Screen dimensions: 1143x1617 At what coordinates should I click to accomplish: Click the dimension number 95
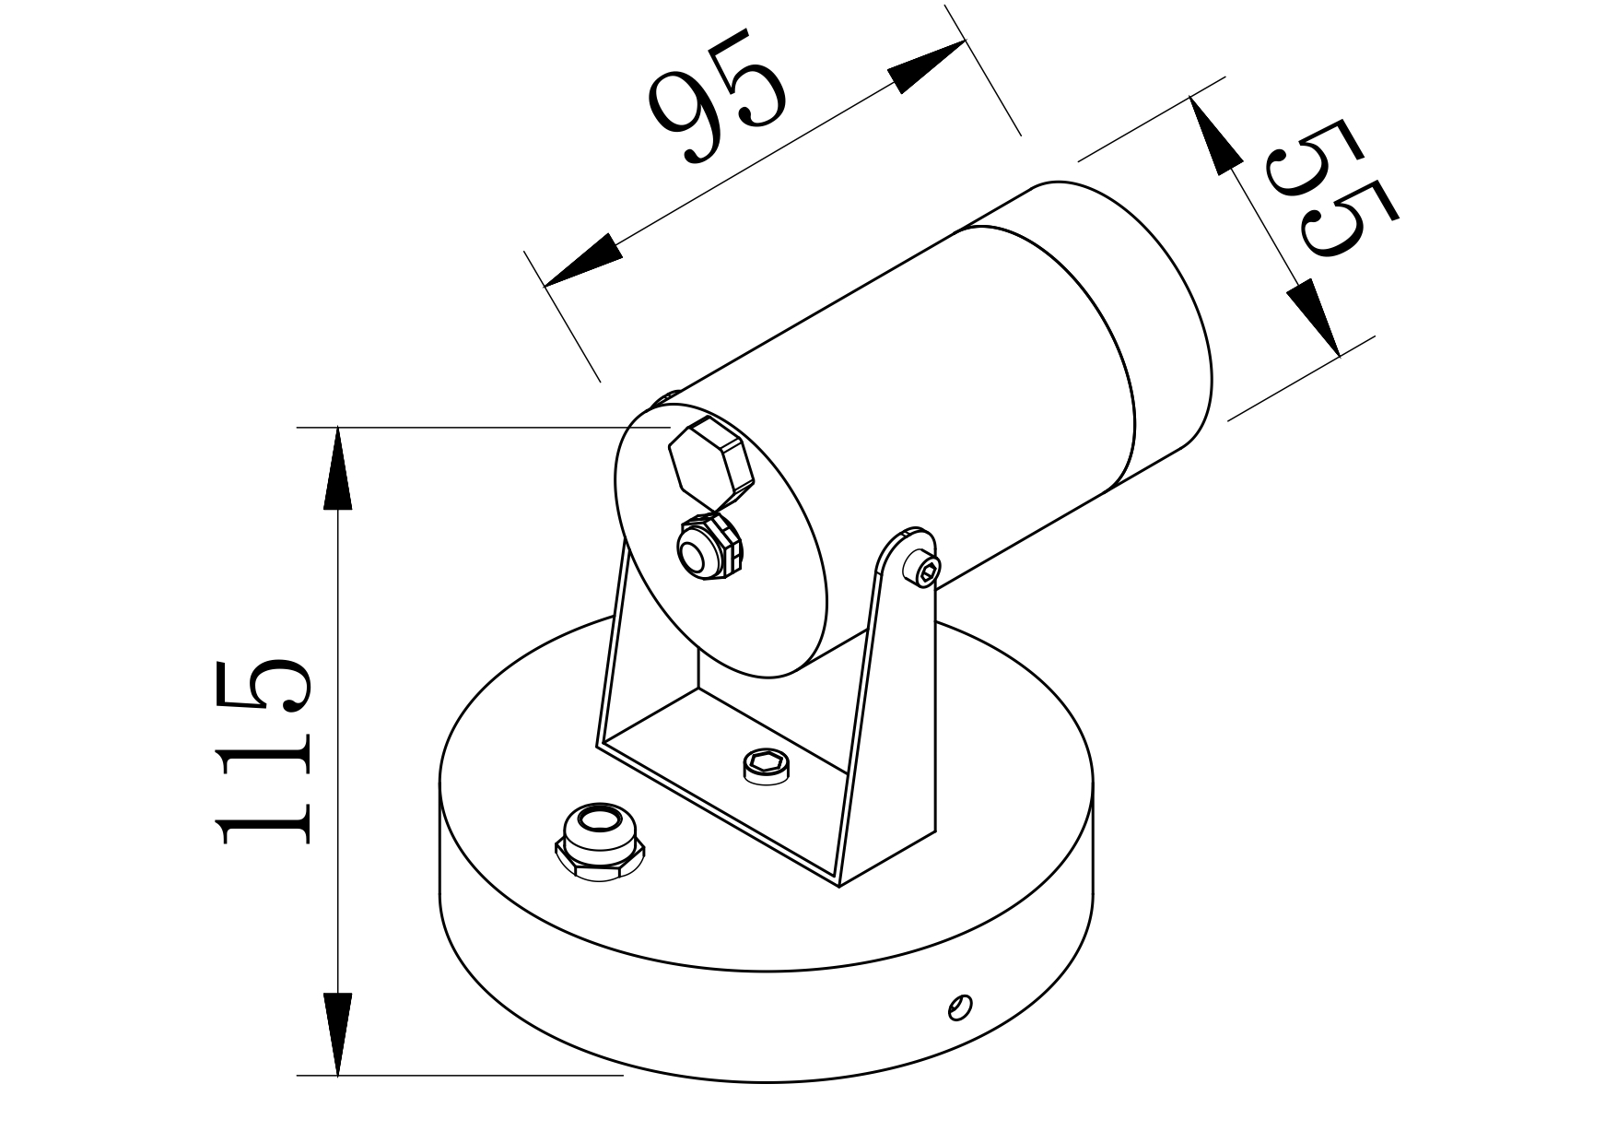717,97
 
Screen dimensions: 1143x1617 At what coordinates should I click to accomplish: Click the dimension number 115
263,751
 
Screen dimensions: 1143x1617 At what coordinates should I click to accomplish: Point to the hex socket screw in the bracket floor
766,764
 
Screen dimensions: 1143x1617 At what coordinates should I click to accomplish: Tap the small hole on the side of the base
959,1007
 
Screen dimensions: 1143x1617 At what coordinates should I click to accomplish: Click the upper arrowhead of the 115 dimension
338,470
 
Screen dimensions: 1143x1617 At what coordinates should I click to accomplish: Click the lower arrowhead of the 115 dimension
338,1032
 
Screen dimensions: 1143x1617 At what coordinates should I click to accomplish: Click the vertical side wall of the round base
765,1023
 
